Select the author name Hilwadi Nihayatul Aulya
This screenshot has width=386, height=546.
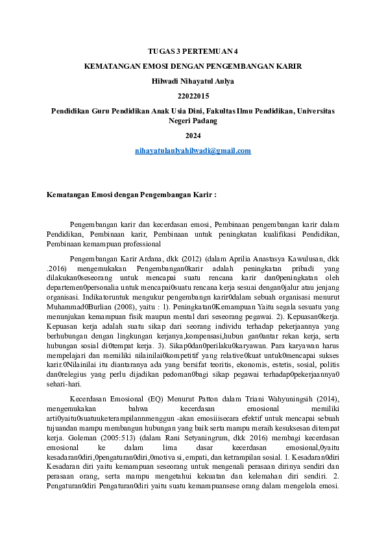[193, 81]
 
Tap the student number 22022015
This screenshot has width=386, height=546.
[193, 96]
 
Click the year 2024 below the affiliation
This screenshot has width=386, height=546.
[193, 136]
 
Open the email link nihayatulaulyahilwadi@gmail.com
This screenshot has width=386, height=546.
[193, 150]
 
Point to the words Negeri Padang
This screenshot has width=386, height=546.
[193, 121]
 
